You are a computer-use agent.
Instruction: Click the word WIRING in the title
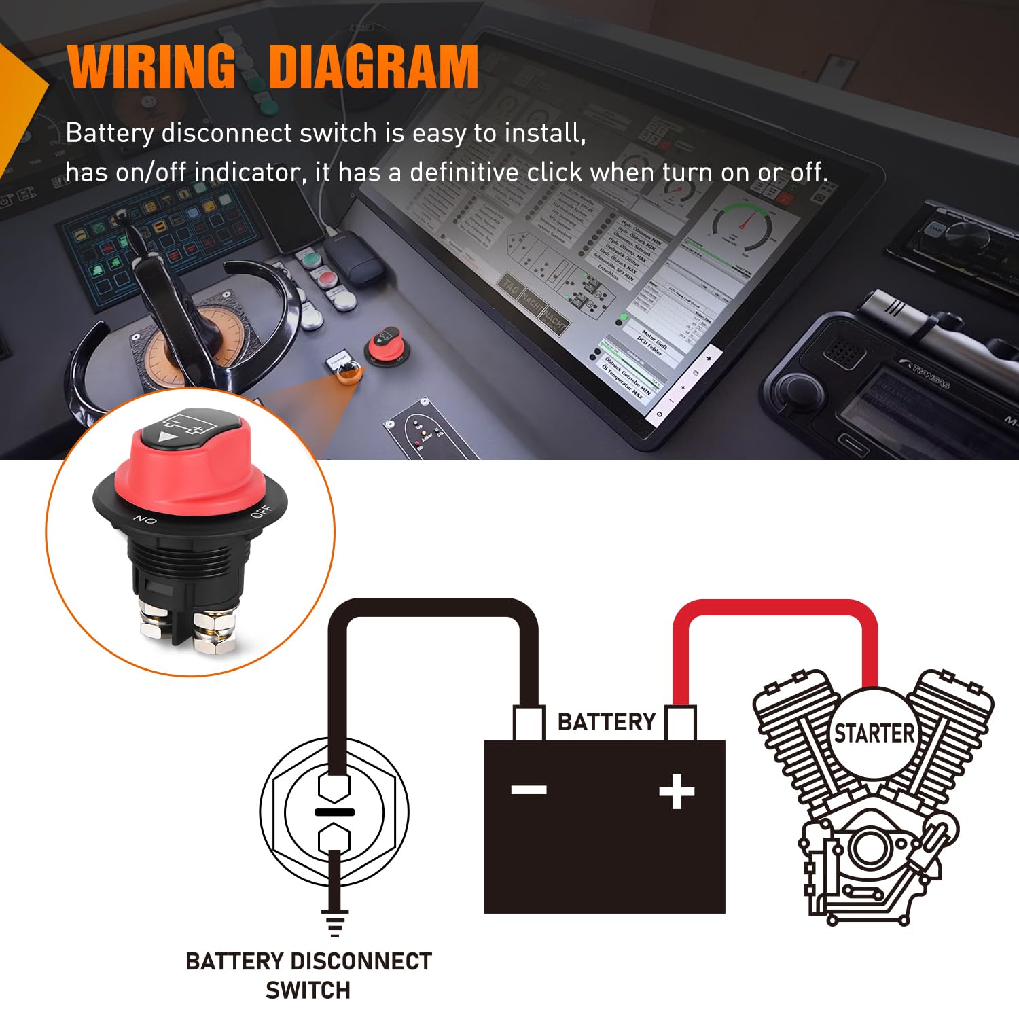click(151, 67)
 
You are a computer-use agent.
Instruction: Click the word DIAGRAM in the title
click(374, 67)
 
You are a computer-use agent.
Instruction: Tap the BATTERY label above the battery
click(606, 721)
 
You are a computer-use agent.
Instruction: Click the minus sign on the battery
click(529, 789)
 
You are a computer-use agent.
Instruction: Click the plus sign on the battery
click(677, 791)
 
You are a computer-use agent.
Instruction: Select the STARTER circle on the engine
click(874, 734)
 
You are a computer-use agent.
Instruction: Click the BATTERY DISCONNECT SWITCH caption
click(308, 976)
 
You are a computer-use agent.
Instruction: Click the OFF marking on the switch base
click(261, 512)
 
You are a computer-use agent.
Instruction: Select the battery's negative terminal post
click(529, 723)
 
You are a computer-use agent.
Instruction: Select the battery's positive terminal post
click(680, 723)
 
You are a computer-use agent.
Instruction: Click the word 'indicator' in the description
click(247, 173)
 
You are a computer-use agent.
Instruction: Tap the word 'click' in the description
click(554, 173)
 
